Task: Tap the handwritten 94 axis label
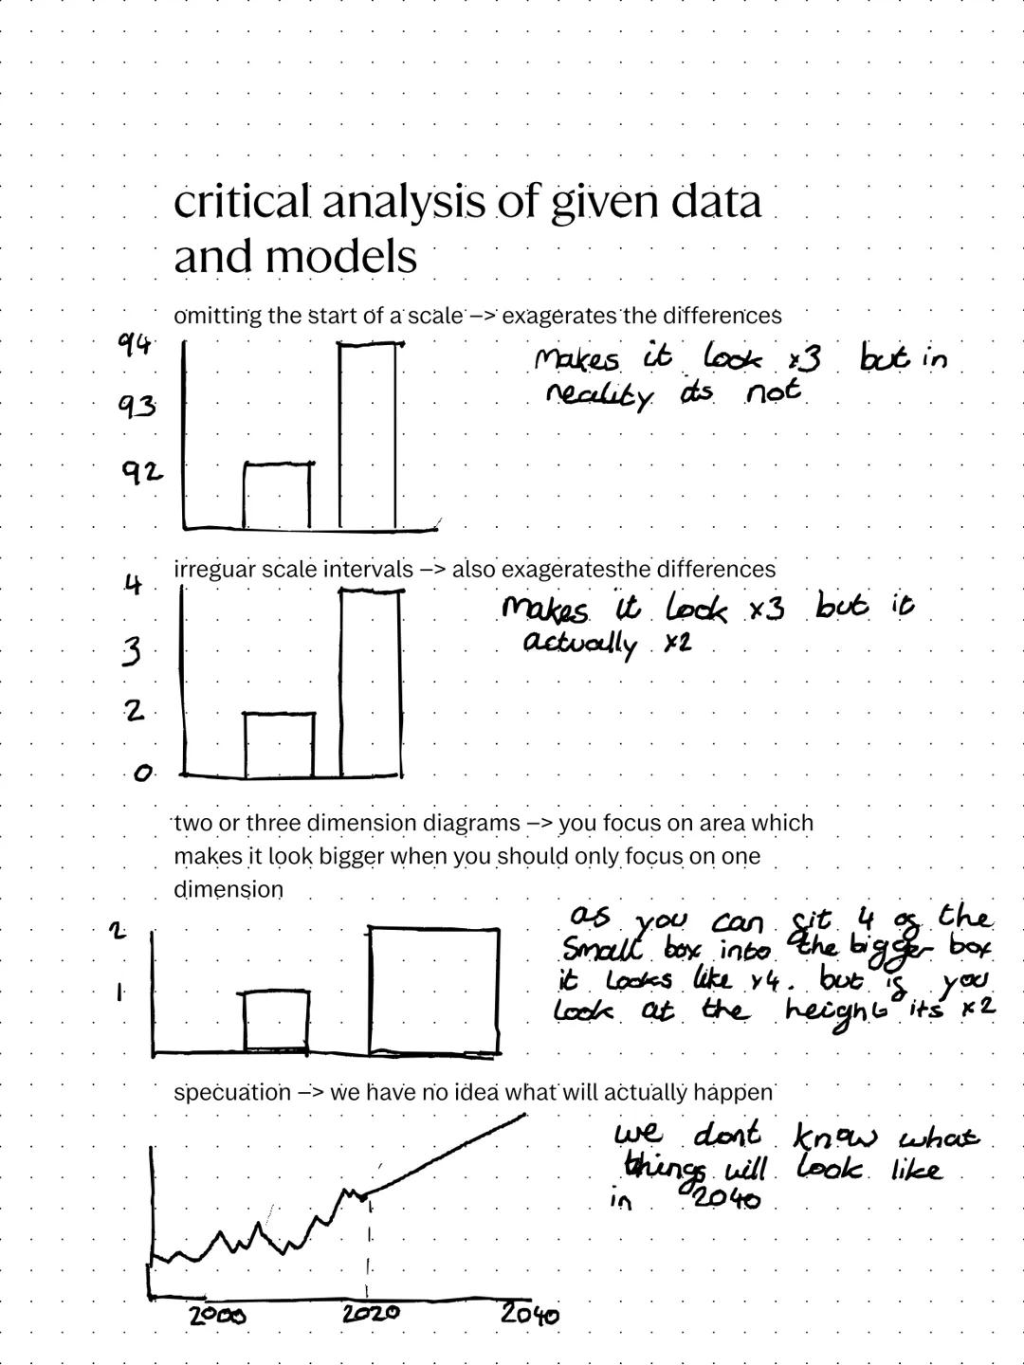pos(134,346)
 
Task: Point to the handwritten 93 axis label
pos(137,408)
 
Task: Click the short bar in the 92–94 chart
pos(277,495)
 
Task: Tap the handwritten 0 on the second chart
pos(142,774)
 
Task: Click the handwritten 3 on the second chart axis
pos(135,652)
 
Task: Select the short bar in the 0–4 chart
pos(279,745)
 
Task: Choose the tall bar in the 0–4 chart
pos(372,682)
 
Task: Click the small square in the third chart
pos(276,1020)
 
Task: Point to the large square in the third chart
pos(433,989)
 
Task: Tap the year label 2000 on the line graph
pos(217,1315)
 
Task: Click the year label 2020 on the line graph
pos(370,1314)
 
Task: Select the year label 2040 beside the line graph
pos(529,1314)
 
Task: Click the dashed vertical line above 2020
pos(368,1242)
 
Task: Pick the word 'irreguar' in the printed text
pos(213,570)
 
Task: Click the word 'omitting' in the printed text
pos(217,316)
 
